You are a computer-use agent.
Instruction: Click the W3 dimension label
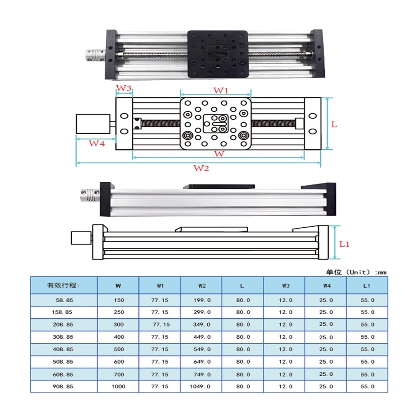(x=124, y=88)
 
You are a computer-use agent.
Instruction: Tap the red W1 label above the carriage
(x=221, y=90)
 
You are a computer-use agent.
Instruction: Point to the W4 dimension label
(x=97, y=143)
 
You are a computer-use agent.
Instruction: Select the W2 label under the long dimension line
(x=201, y=168)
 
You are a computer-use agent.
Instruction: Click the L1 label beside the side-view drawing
(x=344, y=244)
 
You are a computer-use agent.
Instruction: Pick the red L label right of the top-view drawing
(x=334, y=124)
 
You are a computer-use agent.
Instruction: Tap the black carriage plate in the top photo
(x=218, y=54)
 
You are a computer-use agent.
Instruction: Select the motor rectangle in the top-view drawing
(x=93, y=124)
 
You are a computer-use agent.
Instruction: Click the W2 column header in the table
(x=202, y=286)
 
